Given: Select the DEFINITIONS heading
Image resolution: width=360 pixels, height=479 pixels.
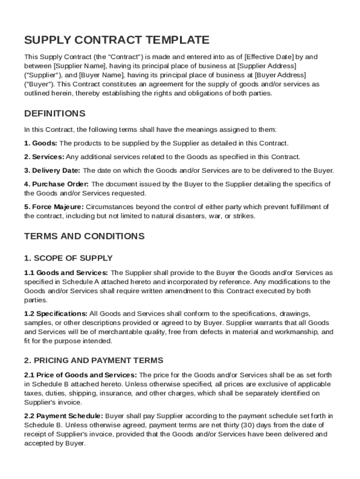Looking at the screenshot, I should pos(55,114).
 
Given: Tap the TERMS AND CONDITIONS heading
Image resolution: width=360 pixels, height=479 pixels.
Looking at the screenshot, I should pos(84,236).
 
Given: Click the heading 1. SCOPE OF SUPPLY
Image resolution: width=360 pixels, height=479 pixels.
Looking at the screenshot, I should pos(68,258).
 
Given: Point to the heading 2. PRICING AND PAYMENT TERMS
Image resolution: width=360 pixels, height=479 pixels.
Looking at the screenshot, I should pos(94,360).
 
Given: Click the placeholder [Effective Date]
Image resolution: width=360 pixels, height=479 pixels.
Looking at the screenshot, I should pos(268,57).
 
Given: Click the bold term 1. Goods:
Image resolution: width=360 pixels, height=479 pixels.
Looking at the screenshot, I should pos(41,143).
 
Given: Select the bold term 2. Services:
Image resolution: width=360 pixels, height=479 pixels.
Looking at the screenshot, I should pos(44,157).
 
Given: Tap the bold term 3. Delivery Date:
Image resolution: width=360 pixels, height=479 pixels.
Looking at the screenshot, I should pos(52,170).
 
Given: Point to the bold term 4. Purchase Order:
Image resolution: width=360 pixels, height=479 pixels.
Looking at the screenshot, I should pos(56,184).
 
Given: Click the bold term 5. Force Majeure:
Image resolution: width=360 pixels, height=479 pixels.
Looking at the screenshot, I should pos(54,207).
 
